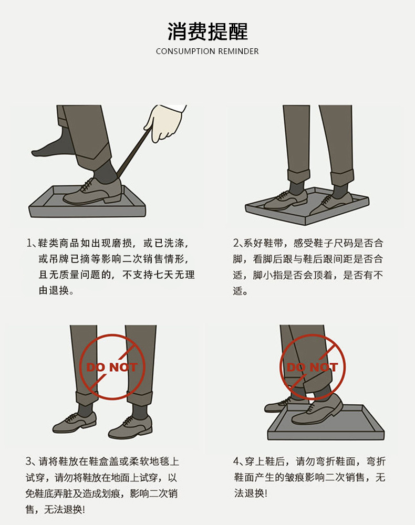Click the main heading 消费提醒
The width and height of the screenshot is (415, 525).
[x=207, y=31]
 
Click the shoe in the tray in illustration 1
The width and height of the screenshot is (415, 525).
[x=92, y=192]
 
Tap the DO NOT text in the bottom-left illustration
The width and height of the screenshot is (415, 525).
[x=112, y=367]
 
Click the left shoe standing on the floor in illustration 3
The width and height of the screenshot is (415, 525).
[x=74, y=421]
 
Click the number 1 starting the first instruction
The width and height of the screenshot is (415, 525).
[x=29, y=244]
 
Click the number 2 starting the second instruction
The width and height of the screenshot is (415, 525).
[x=236, y=244]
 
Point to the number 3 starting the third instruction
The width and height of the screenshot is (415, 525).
[x=29, y=462]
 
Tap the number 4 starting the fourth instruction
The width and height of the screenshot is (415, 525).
[x=236, y=462]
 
